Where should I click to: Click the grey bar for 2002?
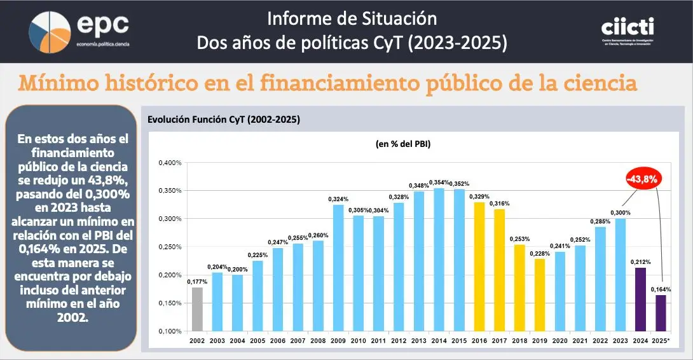pyautogui.click(x=196, y=309)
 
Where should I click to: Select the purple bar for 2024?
pyautogui.click(x=640, y=299)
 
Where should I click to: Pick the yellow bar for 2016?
pyautogui.click(x=479, y=267)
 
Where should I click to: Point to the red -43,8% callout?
pyautogui.click(x=643, y=179)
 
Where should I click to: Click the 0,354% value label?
pyautogui.click(x=439, y=183)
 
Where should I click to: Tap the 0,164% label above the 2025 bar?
pyautogui.click(x=660, y=289)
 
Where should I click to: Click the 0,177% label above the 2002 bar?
pyautogui.click(x=197, y=282)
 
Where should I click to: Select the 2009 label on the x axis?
pyautogui.click(x=338, y=342)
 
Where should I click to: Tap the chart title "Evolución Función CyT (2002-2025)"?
pyautogui.click(x=223, y=120)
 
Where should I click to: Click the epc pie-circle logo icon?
pyautogui.click(x=50, y=31)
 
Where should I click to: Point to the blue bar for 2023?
pyautogui.click(x=620, y=274)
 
